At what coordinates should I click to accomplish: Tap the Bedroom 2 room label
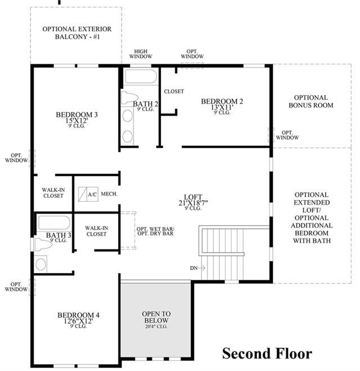(x=222, y=105)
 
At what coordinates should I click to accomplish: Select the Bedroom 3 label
(x=76, y=118)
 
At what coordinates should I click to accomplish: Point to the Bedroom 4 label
(x=79, y=318)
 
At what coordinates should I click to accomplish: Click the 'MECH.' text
(x=109, y=193)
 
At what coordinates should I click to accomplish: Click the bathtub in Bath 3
(x=54, y=223)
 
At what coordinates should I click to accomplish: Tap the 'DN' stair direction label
(x=194, y=268)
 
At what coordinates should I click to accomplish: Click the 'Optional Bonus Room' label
(x=311, y=101)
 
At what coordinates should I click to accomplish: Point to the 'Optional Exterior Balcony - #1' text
(x=76, y=33)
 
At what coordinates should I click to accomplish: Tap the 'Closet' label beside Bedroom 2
(x=174, y=91)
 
